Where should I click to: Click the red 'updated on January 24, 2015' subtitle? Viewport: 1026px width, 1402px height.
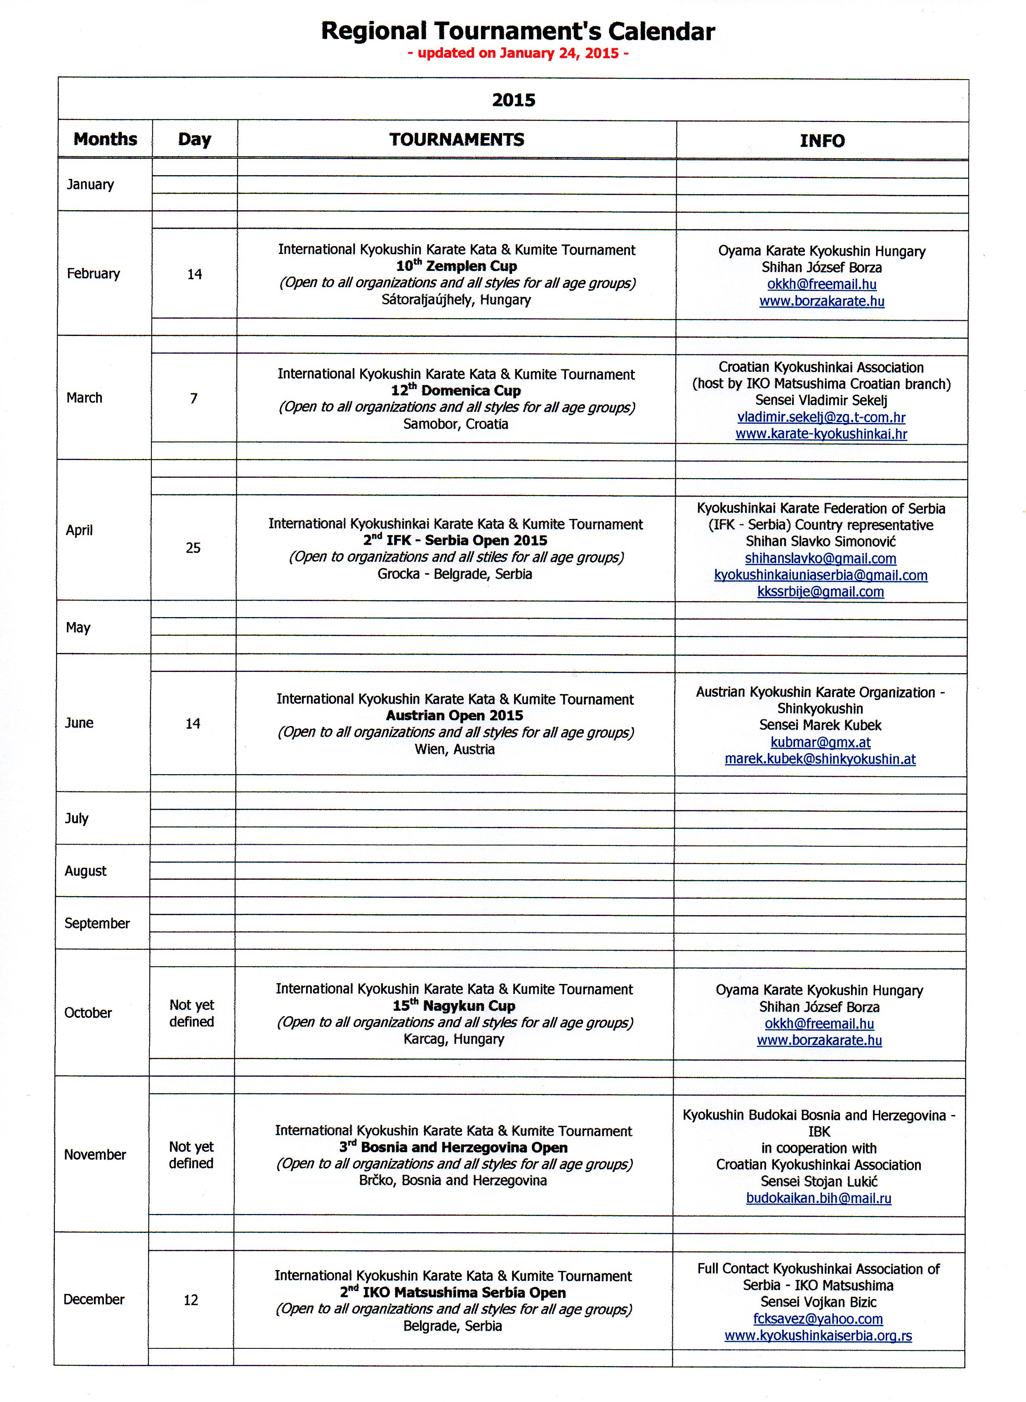pyautogui.click(x=518, y=53)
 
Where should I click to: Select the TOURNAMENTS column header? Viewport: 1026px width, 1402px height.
pyautogui.click(x=457, y=140)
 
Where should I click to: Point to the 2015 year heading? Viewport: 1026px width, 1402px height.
pyautogui.click(x=514, y=100)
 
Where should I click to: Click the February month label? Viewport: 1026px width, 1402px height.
pyautogui.click(x=93, y=274)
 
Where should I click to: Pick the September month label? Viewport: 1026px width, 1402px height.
pyautogui.click(x=97, y=923)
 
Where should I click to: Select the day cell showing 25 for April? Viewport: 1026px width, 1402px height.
pyautogui.click(x=193, y=548)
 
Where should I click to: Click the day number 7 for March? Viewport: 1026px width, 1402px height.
pyautogui.click(x=194, y=399)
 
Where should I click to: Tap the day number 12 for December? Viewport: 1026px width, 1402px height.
pyautogui.click(x=191, y=1300)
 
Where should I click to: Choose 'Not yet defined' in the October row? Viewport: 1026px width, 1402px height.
pyautogui.click(x=191, y=1013)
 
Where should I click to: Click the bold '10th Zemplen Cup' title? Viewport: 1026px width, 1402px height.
pyautogui.click(x=457, y=266)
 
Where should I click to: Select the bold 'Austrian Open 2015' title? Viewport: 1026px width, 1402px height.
pyautogui.click(x=455, y=716)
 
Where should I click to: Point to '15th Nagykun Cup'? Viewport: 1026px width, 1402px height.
pyautogui.click(x=454, y=1006)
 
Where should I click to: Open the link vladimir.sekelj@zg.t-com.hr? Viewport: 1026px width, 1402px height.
pyautogui.click(x=821, y=417)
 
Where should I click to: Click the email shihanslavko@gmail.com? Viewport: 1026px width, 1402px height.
pyautogui.click(x=821, y=559)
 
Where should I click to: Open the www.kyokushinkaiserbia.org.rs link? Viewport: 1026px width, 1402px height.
pyautogui.click(x=818, y=1336)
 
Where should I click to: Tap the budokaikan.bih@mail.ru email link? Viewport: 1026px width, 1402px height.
pyautogui.click(x=818, y=1198)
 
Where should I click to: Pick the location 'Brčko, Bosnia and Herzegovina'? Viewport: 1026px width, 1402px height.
pyautogui.click(x=453, y=1181)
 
